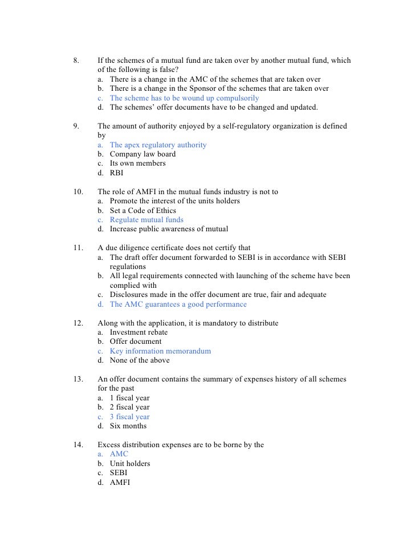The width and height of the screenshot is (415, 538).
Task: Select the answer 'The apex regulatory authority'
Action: [x=158, y=145]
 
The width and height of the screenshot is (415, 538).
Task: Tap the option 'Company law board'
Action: [x=143, y=154]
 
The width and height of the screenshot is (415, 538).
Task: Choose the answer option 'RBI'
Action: [x=116, y=172]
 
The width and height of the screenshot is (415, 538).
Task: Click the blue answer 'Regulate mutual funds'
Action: [x=147, y=220]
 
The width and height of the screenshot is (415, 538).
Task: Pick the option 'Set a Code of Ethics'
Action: [x=143, y=211]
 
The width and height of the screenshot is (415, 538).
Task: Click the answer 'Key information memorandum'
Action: [x=160, y=351]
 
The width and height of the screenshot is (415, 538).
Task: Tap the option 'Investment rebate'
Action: [x=139, y=332]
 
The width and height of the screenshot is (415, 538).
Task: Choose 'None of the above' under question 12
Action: [x=140, y=360]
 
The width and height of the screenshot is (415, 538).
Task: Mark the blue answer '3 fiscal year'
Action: [x=129, y=417]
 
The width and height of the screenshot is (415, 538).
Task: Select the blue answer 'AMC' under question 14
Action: [x=119, y=454]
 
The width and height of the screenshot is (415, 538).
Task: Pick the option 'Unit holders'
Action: [x=129, y=464]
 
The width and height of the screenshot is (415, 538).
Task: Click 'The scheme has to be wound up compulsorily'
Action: [x=184, y=98]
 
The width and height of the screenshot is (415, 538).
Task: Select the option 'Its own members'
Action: [x=137, y=163]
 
